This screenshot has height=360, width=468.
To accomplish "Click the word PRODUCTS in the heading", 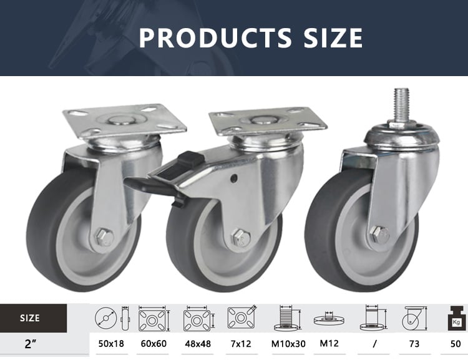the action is tap(215, 37).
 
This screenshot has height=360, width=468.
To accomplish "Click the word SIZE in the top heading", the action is tap(333, 37).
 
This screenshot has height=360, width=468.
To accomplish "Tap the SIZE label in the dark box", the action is tap(30, 318).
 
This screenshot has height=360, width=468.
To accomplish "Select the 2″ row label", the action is tap(30, 344).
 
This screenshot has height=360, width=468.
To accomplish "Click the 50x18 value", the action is tap(111, 344).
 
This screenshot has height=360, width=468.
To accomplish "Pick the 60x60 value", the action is tap(154, 344).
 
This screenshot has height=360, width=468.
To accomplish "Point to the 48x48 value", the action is tap(198, 344).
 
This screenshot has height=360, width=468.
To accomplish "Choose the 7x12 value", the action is tap(241, 344).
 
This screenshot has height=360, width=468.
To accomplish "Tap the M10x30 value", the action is tap(288, 344).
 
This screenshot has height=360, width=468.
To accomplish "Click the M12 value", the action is tap(329, 344).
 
